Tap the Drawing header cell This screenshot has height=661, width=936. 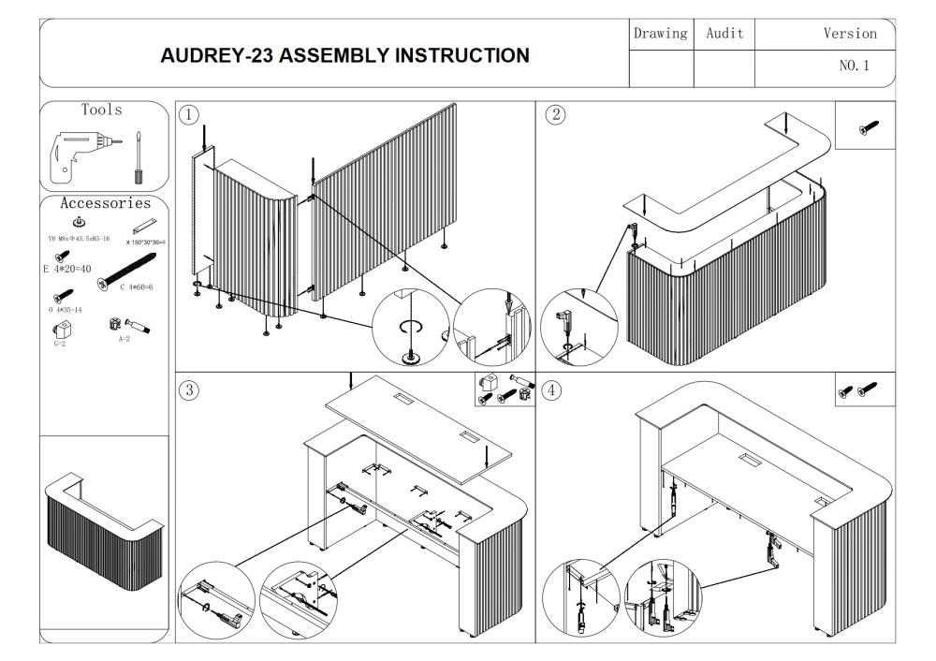coord(662,34)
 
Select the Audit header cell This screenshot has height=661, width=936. coord(724,34)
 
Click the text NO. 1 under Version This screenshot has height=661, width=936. coord(857,67)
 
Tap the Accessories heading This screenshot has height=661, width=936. coord(105,203)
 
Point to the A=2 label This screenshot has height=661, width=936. coord(124,340)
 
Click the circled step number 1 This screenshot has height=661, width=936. coord(189,115)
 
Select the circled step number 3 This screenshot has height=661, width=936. coord(189,391)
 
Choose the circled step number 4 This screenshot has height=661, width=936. coord(554,391)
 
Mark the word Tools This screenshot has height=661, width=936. coord(102,110)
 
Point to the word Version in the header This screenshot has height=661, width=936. coord(850,34)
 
